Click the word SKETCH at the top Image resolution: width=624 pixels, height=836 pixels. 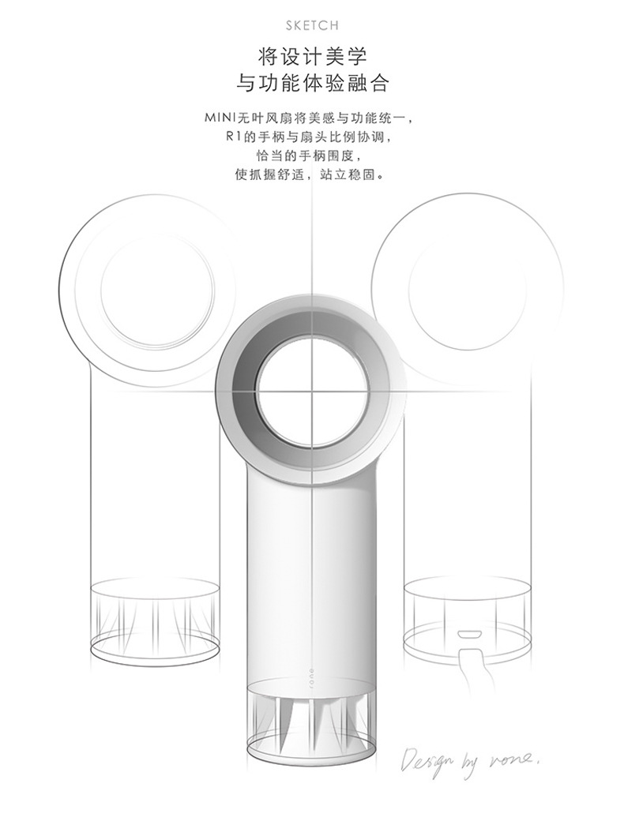point(312,26)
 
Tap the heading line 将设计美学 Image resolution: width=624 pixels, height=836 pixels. point(312,56)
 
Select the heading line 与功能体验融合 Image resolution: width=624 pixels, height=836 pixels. point(312,84)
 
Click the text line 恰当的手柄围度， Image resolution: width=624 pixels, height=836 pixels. point(312,156)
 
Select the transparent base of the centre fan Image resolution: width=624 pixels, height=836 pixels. point(312,722)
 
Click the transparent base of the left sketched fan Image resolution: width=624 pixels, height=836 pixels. point(155,617)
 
